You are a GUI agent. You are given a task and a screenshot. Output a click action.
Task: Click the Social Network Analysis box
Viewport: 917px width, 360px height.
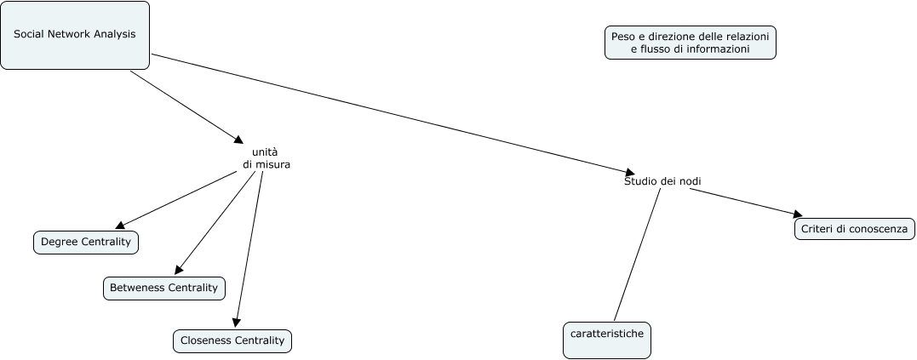click(x=75, y=35)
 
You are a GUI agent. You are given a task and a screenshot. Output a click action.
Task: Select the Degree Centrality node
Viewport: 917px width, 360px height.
click(x=86, y=243)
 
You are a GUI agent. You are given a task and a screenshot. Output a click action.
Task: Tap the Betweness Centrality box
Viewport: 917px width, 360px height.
click(x=164, y=288)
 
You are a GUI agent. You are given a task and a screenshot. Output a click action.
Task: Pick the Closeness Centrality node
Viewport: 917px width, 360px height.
click(x=232, y=340)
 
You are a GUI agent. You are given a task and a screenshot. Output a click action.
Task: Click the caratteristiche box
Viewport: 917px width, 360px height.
click(x=608, y=340)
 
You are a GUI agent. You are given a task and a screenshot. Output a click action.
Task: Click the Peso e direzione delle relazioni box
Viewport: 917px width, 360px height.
click(x=690, y=43)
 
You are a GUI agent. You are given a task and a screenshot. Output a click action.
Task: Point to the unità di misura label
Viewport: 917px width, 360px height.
click(x=266, y=158)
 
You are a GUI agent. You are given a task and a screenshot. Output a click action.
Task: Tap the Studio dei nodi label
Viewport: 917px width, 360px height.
click(x=662, y=180)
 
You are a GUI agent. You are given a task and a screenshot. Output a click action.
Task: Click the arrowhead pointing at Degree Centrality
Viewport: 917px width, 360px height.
click(x=120, y=226)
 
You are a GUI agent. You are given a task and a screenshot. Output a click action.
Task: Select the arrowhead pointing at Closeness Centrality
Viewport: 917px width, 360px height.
click(x=236, y=323)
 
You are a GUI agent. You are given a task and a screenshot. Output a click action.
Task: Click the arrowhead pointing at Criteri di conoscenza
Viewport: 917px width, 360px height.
click(x=797, y=214)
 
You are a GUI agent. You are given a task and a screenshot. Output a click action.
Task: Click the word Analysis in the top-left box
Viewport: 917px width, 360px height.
click(x=116, y=35)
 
